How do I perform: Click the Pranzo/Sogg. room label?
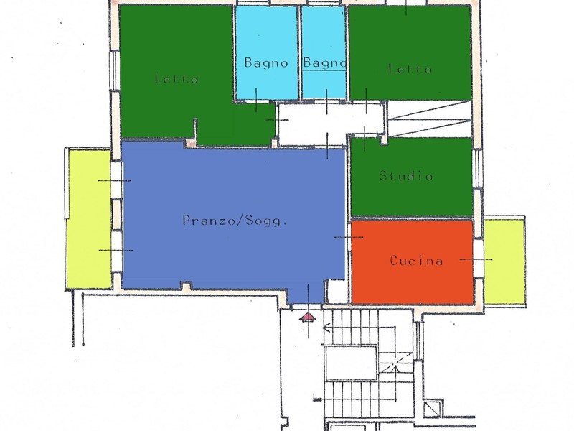click(235, 221)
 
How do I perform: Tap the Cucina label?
click(416, 261)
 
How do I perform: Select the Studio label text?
click(406, 176)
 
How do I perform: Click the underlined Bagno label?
click(324, 63)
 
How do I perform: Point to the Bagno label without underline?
click(266, 63)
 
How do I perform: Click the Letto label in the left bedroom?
click(177, 78)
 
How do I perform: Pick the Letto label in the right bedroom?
click(410, 69)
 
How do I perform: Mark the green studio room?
click(411, 194)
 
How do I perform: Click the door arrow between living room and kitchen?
click(349, 237)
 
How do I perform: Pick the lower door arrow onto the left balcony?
click(116, 250)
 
